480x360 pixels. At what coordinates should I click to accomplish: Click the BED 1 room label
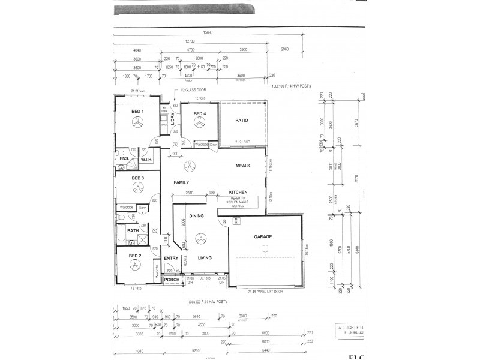(137, 112)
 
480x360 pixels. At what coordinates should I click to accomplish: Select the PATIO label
(242, 120)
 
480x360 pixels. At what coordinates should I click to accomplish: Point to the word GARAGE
(263, 237)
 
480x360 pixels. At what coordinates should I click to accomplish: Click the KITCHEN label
(238, 193)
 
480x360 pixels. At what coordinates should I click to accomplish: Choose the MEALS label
(242, 166)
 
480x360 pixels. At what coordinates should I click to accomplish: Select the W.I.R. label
(148, 160)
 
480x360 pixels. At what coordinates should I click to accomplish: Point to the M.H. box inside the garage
(237, 221)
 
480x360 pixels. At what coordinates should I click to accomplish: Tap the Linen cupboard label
(142, 208)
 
